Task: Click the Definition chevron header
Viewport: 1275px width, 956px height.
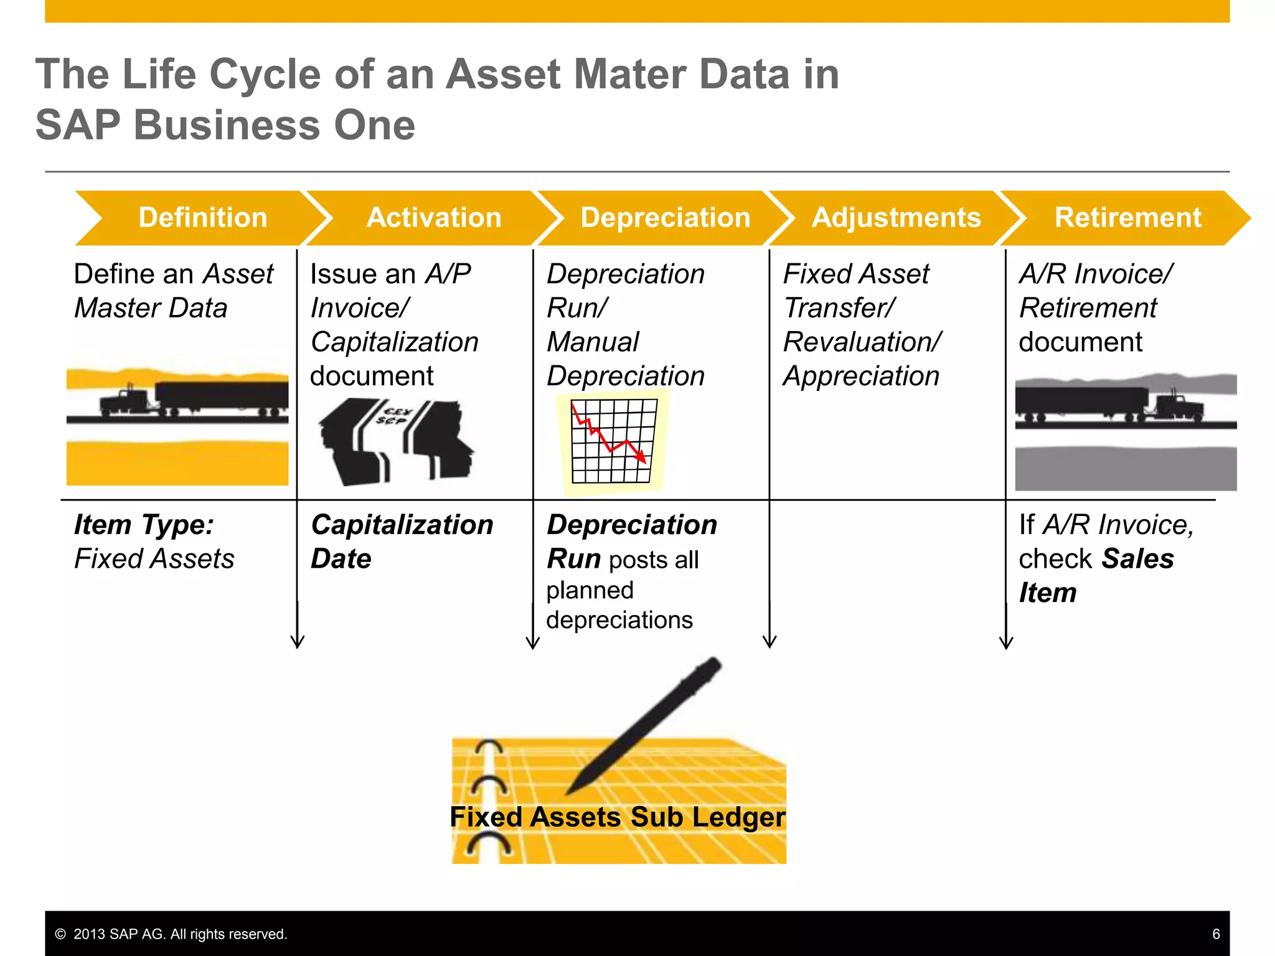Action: click(202, 218)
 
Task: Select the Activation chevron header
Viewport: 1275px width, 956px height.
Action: click(434, 218)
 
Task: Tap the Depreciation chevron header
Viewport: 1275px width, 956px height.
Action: click(665, 218)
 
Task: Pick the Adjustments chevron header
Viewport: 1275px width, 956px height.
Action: click(896, 218)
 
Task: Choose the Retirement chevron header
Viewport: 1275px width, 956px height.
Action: click(1127, 218)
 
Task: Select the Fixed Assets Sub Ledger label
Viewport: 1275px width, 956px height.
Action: click(618, 817)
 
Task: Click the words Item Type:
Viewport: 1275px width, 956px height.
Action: click(144, 525)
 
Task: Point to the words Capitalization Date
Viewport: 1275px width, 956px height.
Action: click(402, 541)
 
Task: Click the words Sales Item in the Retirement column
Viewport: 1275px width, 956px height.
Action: click(1096, 576)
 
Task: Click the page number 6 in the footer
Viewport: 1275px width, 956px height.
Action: click(1216, 934)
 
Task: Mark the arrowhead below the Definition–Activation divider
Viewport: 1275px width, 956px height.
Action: click(298, 642)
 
